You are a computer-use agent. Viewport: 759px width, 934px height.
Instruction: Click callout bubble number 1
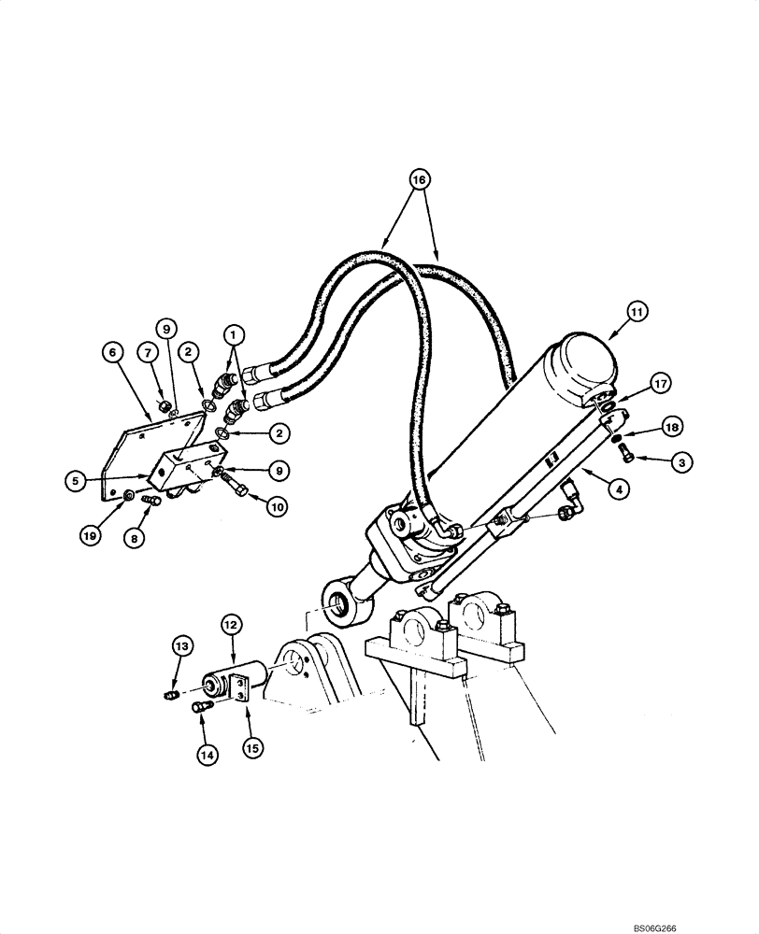(234, 333)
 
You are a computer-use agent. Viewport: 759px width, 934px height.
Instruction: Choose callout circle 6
(111, 352)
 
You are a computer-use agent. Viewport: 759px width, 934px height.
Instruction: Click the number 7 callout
(147, 352)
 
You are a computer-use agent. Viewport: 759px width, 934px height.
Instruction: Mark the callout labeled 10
(276, 507)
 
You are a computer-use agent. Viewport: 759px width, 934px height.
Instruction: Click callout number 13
(182, 645)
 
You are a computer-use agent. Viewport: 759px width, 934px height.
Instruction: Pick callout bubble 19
(91, 535)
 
